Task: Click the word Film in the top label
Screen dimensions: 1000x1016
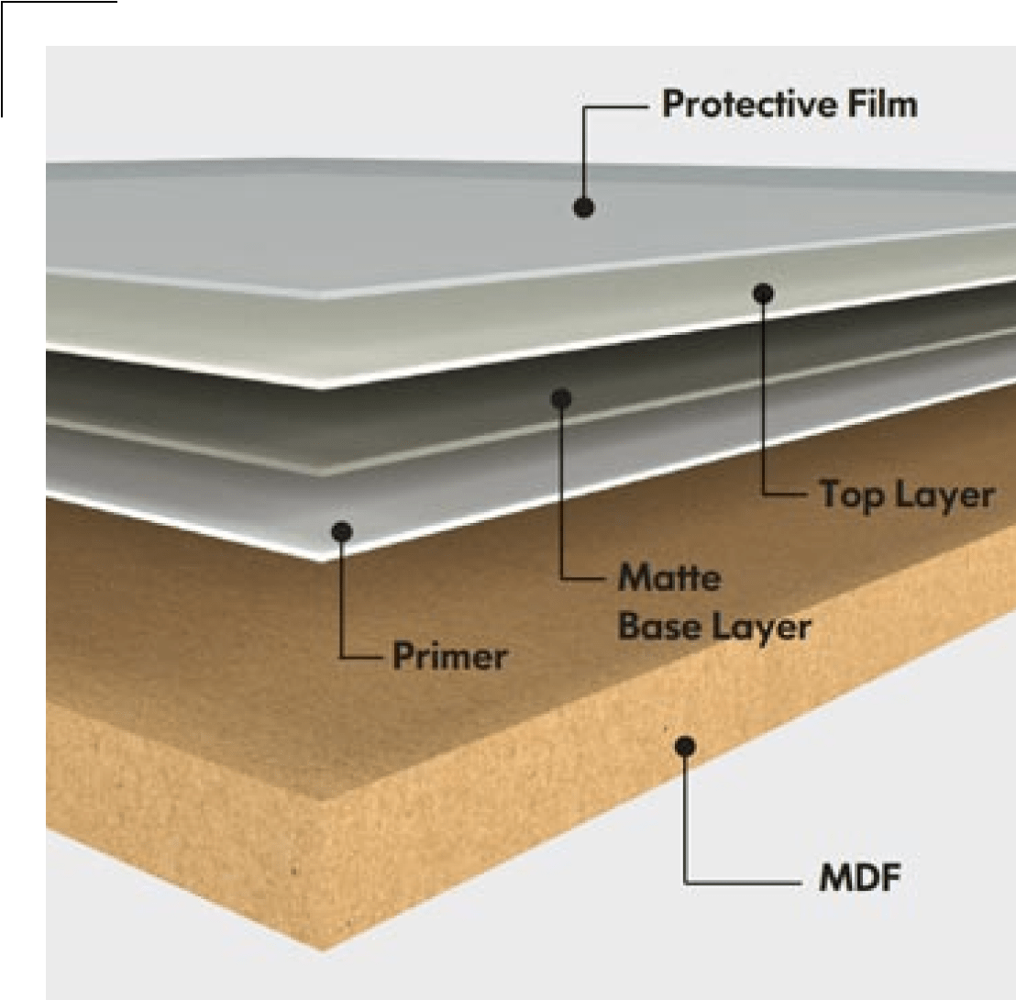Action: pos(882,105)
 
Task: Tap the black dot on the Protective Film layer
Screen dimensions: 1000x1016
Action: pos(584,207)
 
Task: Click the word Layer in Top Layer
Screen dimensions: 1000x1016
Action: pos(944,495)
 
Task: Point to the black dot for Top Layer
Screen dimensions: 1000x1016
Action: pos(763,294)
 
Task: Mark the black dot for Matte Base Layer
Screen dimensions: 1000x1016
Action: pos(562,398)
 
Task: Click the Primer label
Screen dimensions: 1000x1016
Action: pos(449,657)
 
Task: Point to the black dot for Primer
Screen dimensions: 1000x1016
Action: pos(343,531)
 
